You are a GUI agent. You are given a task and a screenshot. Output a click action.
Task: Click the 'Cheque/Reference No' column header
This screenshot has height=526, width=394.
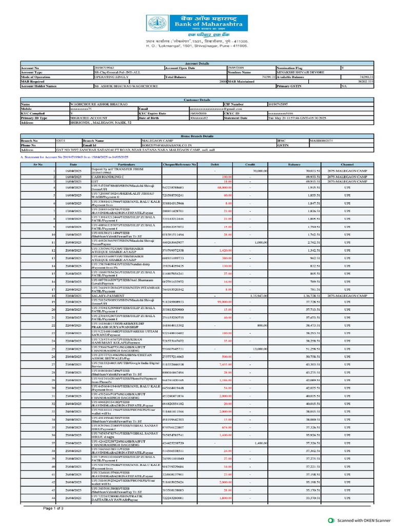click(x=179, y=164)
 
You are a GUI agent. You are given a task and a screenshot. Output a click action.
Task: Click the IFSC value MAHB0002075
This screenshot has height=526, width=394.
click(x=321, y=140)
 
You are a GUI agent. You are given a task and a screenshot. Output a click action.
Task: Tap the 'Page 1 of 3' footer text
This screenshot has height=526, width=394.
click(x=53, y=508)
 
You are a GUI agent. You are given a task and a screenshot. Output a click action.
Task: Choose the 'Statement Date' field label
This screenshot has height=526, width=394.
click(x=235, y=118)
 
